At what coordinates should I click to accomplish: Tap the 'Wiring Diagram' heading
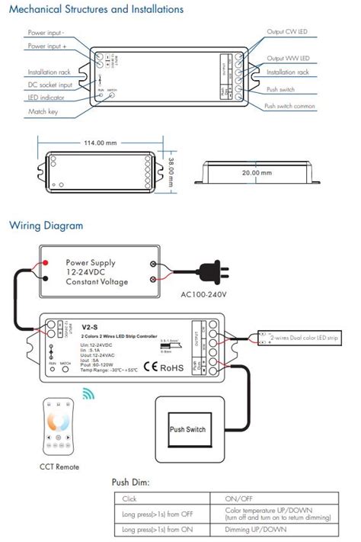coord(45,226)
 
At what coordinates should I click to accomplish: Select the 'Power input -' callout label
coord(46,34)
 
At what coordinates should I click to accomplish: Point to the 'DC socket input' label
coord(50,85)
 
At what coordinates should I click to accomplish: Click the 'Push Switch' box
coord(187,429)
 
